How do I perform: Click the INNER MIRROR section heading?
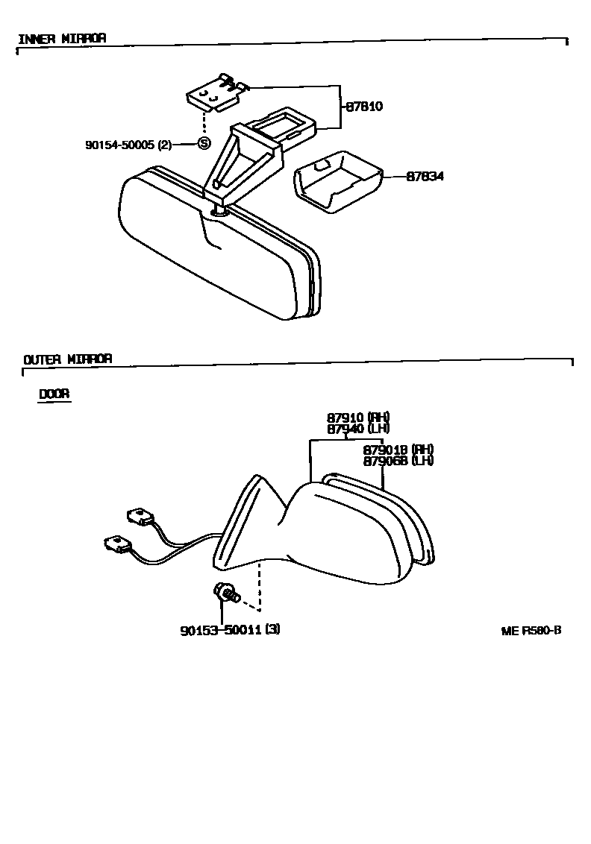coord(61,38)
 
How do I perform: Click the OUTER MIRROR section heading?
coord(68,359)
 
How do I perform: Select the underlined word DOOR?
coord(54,394)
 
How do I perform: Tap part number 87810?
coord(363,107)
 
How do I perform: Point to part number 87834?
coord(425,177)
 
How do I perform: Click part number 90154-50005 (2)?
coord(128,145)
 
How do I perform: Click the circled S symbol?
coord(204,144)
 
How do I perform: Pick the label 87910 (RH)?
coord(358,418)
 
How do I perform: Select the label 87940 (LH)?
coord(358,429)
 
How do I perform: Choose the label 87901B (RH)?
coord(398,450)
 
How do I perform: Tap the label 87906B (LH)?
coord(398,461)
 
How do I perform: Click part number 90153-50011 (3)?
coord(230,629)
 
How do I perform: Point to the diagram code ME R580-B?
coord(531,630)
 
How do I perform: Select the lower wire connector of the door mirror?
coord(117,544)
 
